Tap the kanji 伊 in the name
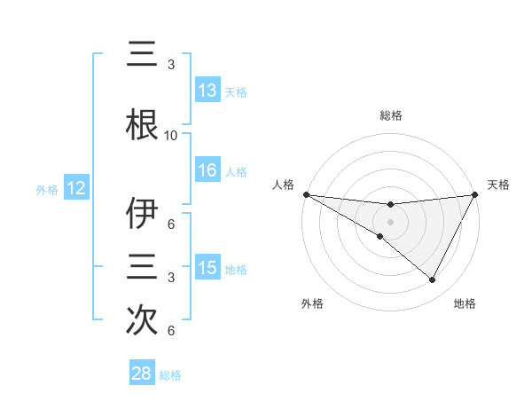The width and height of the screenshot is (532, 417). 142,215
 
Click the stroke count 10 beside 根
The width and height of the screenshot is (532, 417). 171,136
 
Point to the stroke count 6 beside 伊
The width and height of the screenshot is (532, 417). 171,224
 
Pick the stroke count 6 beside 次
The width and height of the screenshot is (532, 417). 171,331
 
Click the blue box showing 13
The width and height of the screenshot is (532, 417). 207,90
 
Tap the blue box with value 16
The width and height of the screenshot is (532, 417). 207,170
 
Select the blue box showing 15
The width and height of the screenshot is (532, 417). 207,267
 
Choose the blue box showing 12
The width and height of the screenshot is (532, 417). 76,188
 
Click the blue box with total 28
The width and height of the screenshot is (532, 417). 142,374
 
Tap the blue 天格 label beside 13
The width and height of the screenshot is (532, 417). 236,91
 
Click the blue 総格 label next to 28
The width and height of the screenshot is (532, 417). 170,375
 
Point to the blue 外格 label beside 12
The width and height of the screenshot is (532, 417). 47,190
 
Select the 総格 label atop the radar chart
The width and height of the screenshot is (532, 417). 390,115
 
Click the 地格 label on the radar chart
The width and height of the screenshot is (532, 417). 465,303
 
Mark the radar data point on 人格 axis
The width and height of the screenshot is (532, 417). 306,194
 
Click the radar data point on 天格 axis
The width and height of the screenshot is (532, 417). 474,194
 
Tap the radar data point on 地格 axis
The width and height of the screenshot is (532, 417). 433,280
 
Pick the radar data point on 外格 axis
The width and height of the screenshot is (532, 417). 380,236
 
